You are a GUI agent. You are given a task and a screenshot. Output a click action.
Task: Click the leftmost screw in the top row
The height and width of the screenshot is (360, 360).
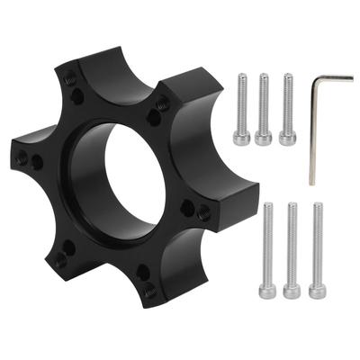click(240, 108)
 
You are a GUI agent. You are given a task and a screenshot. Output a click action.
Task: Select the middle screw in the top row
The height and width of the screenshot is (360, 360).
click(264, 108)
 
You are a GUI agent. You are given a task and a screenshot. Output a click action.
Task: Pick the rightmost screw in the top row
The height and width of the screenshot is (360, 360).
click(287, 108)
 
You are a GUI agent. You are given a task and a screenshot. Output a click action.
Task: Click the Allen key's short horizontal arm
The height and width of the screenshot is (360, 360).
click(326, 79)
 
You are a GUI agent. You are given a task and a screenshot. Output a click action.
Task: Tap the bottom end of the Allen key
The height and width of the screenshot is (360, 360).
click(312, 182)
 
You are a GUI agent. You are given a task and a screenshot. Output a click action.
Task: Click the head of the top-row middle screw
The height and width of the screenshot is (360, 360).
click(264, 137)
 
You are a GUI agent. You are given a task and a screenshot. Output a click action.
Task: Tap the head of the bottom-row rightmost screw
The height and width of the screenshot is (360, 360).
click(316, 291)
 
